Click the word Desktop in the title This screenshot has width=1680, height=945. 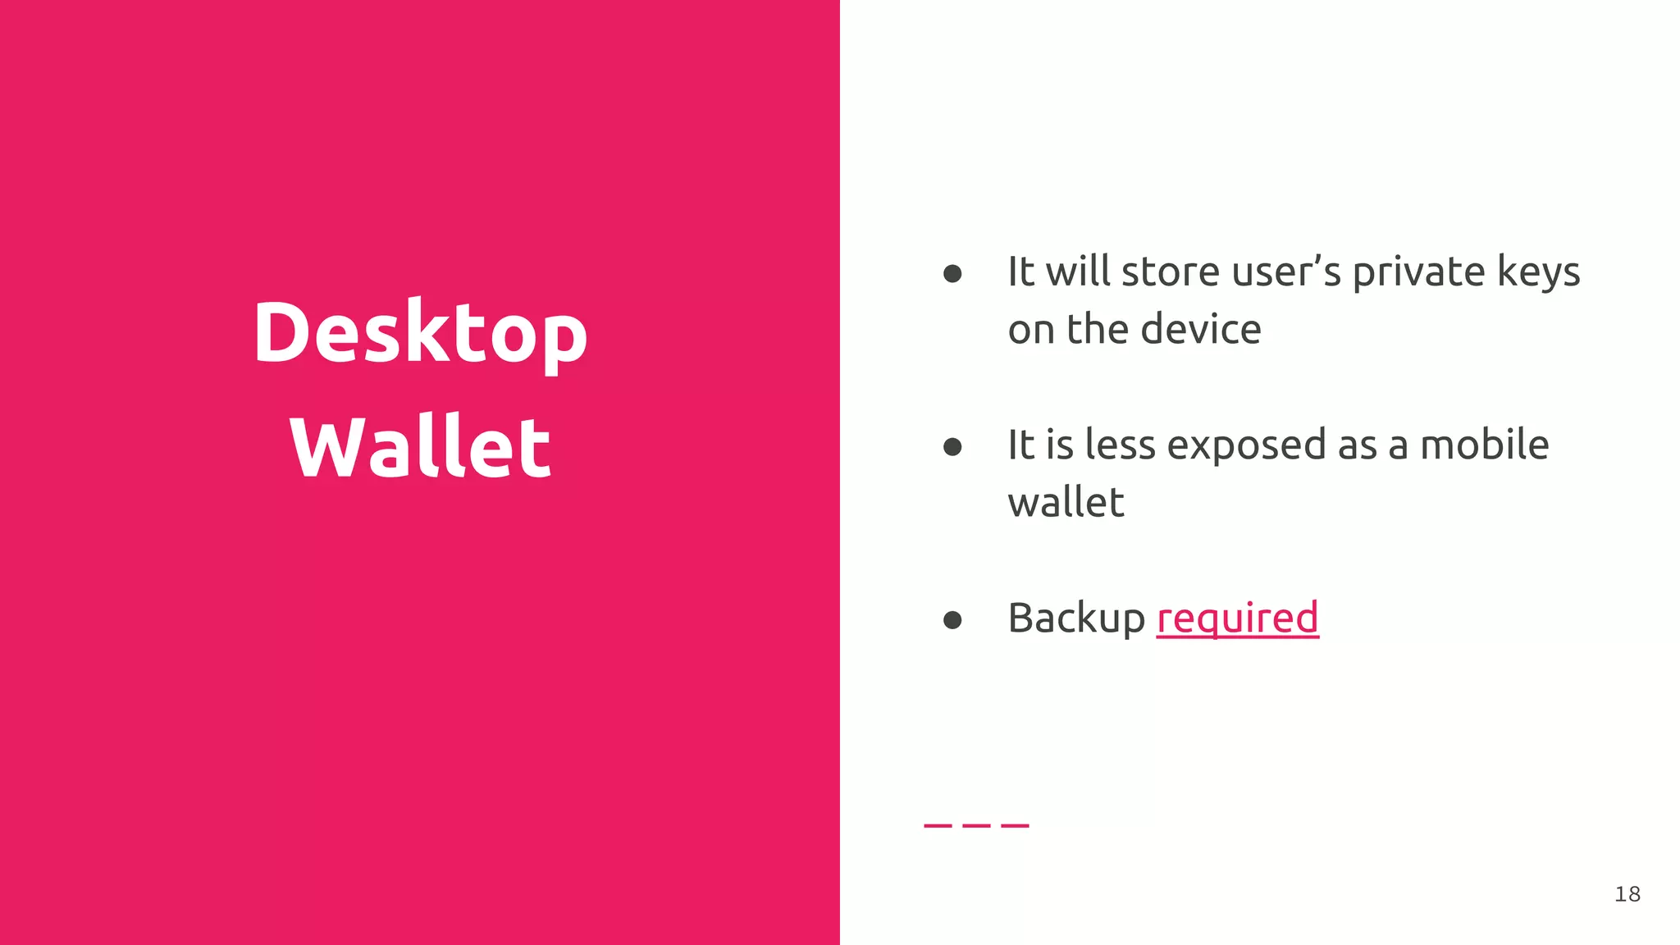[420, 332]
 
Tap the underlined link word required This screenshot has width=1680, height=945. [1237, 619]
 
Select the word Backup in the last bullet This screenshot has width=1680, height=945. [1076, 619]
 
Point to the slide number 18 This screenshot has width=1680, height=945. [1627, 894]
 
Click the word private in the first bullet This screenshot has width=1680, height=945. [1419, 272]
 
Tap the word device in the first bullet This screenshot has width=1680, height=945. [1201, 330]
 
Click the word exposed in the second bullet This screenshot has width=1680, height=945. [1246, 445]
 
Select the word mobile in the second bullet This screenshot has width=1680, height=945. [1484, 445]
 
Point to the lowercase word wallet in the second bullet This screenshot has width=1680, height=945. [1066, 503]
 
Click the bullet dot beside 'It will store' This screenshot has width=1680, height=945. [952, 273]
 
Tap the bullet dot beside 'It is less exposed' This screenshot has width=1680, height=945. [952, 446]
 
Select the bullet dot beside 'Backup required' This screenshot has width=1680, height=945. [952, 619]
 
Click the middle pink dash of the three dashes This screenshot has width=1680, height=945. [976, 825]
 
